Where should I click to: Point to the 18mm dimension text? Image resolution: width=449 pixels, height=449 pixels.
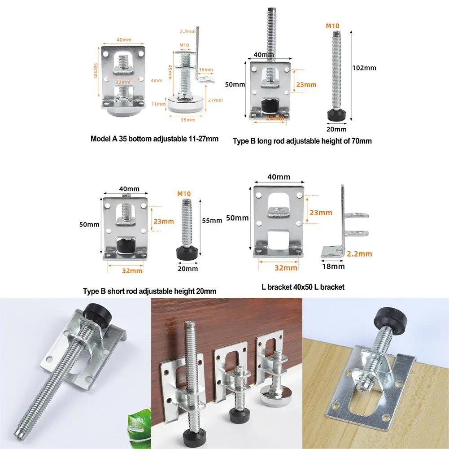334,266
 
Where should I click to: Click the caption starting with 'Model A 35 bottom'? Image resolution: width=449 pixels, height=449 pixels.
154,139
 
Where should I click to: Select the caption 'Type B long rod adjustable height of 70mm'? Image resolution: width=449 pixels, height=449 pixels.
302,141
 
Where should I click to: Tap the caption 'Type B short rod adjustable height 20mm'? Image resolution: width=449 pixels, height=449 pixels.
149,291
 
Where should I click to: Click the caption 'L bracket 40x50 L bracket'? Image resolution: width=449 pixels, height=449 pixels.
303,287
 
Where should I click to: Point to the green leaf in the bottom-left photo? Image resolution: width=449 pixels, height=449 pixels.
138,431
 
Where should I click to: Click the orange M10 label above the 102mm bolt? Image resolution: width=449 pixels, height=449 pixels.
332,26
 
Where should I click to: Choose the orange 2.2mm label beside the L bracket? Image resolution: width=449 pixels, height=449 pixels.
360,253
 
